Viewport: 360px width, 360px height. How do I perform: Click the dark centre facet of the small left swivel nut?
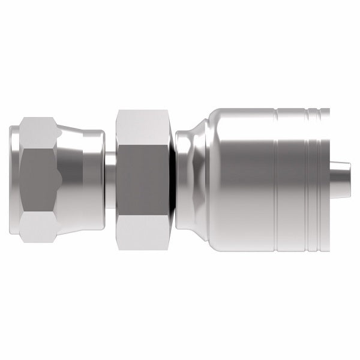(x=37, y=180)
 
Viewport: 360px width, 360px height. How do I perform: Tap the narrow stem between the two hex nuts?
(x=110, y=180)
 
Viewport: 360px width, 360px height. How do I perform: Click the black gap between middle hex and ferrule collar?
(x=174, y=180)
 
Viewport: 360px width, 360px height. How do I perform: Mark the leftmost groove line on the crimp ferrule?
(x=275, y=180)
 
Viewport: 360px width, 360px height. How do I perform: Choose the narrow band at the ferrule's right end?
(x=325, y=180)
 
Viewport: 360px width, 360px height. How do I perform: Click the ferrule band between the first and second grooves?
(x=292, y=180)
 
